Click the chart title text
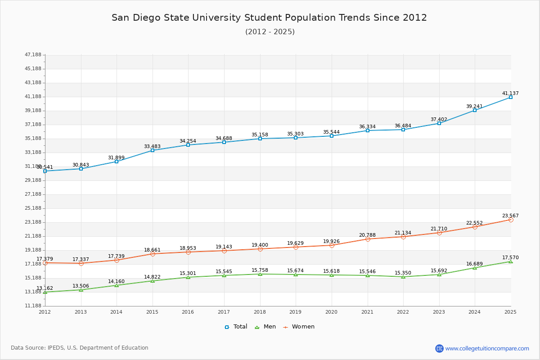click(269, 18)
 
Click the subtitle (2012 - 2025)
click(270, 32)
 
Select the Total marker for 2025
click(511, 97)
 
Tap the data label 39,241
click(474, 107)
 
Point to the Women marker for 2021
click(368, 239)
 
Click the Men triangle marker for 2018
click(260, 274)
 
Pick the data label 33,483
click(152, 147)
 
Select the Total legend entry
click(236, 327)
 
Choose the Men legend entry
click(265, 327)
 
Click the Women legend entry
click(299, 327)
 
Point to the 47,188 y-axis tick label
click(33, 55)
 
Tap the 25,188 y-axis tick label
click(33, 208)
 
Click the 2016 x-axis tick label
click(188, 312)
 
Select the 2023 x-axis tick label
click(439, 312)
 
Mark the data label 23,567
click(510, 216)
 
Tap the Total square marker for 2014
click(117, 162)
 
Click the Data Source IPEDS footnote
click(80, 348)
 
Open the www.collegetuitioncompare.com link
click(487, 348)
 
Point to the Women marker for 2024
click(475, 227)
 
